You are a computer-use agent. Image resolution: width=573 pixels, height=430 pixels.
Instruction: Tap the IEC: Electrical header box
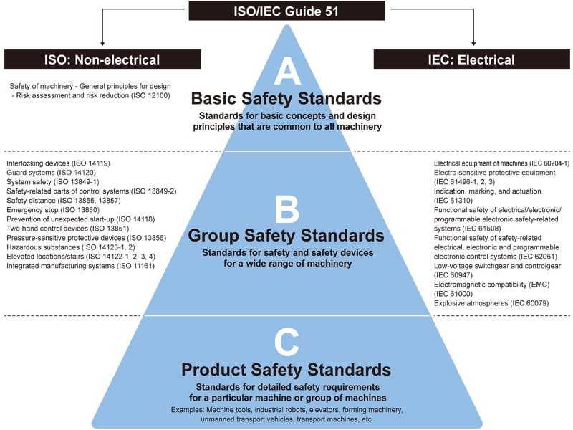tap(473, 59)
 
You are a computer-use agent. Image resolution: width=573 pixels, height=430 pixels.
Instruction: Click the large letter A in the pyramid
tap(286, 72)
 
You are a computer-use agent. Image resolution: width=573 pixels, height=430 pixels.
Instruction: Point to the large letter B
tap(286, 209)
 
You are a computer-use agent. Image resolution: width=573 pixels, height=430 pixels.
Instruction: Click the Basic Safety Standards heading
tap(286, 98)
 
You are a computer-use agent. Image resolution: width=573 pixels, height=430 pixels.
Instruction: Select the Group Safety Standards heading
tap(286, 235)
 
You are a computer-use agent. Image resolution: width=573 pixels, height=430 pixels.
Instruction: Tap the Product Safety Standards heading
tap(286, 370)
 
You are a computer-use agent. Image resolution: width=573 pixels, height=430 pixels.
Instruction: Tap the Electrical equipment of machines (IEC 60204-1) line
tap(502, 163)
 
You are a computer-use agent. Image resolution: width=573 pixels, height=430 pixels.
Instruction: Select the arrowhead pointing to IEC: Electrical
tap(473, 43)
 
